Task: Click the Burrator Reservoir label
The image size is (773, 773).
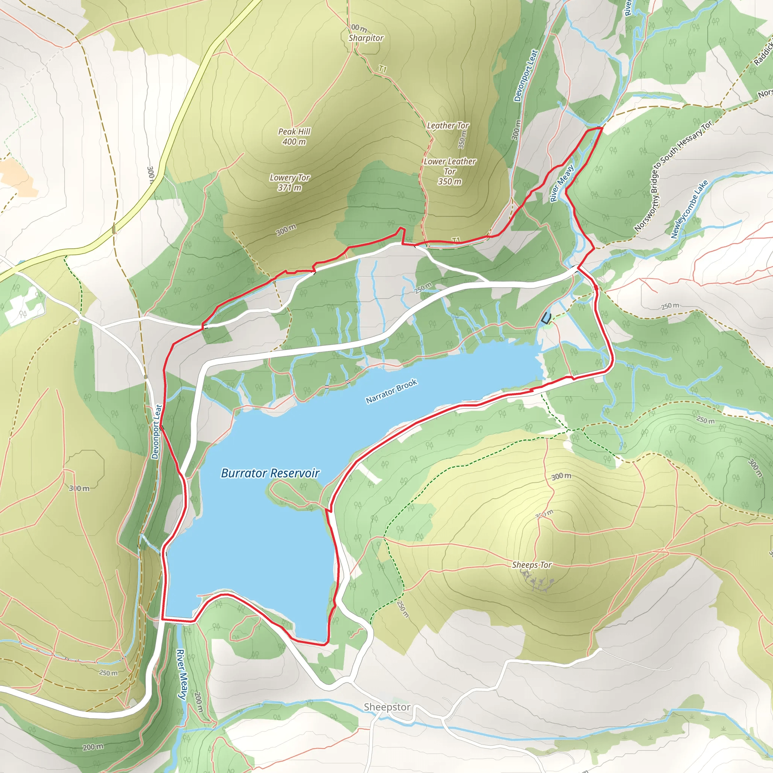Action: click(x=270, y=473)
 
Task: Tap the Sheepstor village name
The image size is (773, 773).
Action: click(x=387, y=707)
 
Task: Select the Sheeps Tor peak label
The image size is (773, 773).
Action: click(x=532, y=565)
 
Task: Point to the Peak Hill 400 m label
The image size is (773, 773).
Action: click(x=294, y=136)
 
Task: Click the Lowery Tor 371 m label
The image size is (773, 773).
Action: click(x=289, y=182)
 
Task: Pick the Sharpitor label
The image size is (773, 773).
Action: click(x=366, y=38)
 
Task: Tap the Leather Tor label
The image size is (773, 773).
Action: click(x=448, y=126)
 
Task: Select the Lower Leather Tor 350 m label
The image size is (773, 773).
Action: click(x=450, y=171)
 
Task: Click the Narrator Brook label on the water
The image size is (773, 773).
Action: click(x=392, y=391)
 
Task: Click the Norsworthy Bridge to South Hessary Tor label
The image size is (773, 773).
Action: click(x=673, y=176)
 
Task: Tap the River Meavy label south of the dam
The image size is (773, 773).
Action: click(x=182, y=674)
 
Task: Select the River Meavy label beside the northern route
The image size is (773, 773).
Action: click(x=562, y=183)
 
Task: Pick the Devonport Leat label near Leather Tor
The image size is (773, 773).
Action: click(x=526, y=75)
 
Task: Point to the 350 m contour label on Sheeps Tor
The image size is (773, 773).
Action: click(x=545, y=514)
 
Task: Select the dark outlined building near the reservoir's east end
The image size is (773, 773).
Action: click(x=546, y=319)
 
